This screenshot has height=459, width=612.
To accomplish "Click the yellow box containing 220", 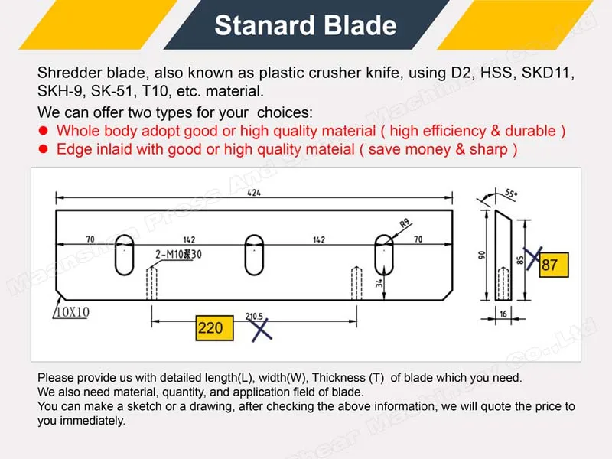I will [x=210, y=327].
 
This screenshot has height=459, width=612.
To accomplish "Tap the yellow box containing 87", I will [x=550, y=265].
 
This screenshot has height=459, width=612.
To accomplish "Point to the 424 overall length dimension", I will [x=252, y=193].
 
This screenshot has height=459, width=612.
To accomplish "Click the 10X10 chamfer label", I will [x=71, y=312].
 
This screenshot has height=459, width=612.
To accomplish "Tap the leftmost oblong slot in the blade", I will [x=124, y=256].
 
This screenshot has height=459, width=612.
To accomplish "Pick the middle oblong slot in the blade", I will [x=254, y=256].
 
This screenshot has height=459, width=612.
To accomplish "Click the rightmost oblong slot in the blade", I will [x=383, y=256].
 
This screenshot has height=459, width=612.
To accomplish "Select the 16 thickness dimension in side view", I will [x=503, y=314].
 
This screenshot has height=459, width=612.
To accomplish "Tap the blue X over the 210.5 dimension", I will [x=262, y=329].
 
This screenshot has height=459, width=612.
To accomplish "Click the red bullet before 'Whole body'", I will [x=44, y=131].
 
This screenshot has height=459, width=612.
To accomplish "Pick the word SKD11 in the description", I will [x=550, y=73].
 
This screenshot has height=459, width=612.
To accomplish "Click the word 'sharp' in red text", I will [x=493, y=149].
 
